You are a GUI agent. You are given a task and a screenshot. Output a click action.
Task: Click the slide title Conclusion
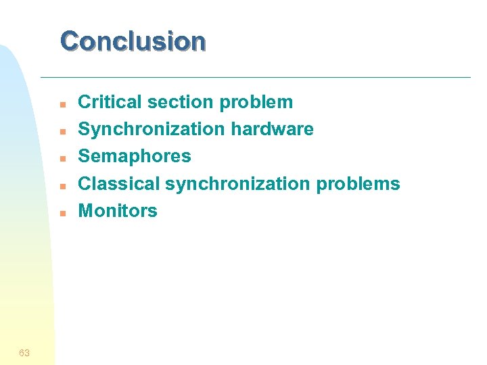(133, 41)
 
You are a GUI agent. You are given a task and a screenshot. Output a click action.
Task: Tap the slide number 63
(24, 353)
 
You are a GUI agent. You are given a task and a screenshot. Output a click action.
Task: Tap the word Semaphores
(135, 157)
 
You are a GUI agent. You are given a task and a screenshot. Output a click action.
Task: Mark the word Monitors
(118, 210)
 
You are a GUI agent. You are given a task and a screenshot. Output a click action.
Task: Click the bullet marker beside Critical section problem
(62, 105)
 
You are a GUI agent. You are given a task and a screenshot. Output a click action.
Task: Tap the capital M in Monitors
(87, 210)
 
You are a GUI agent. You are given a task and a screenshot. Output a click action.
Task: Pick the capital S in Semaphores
(85, 156)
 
